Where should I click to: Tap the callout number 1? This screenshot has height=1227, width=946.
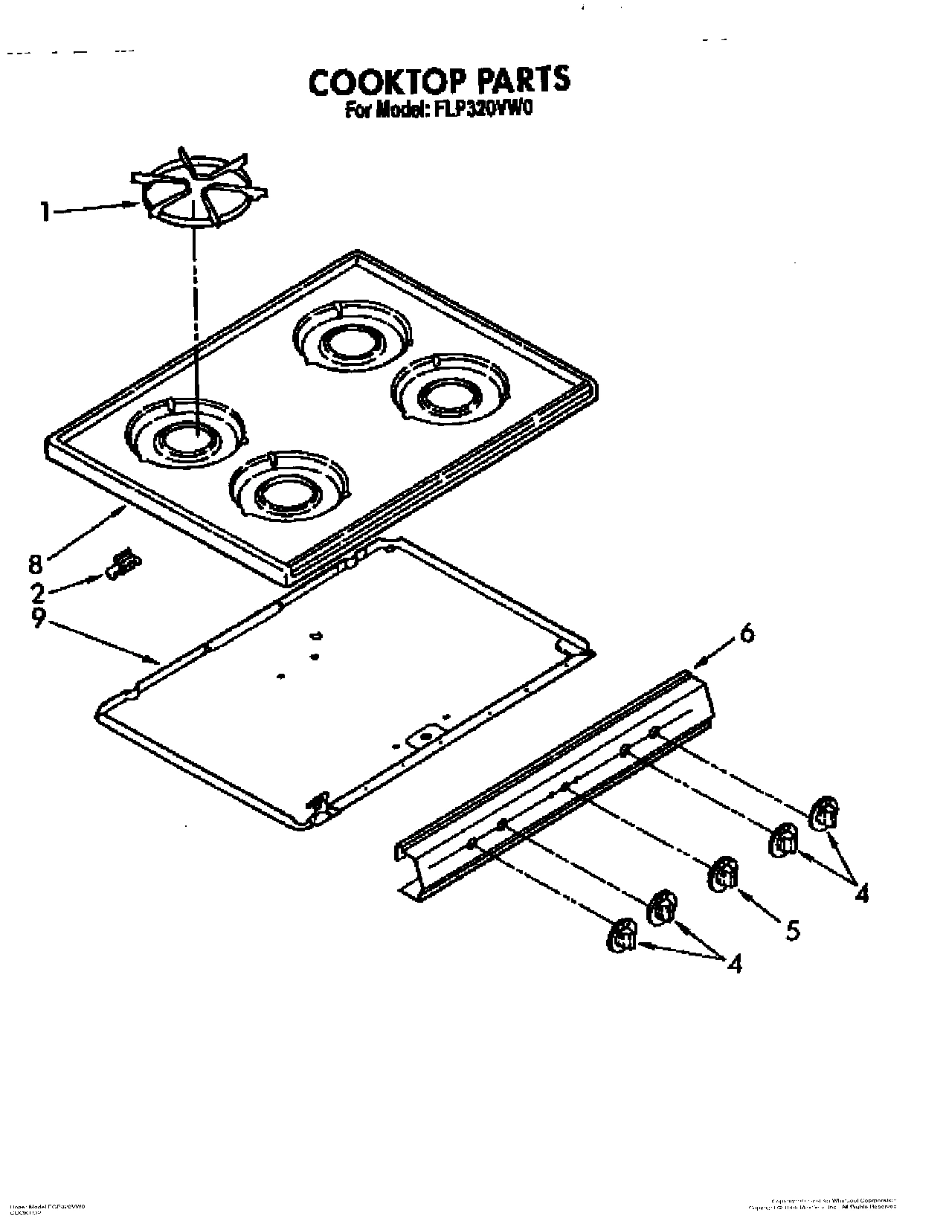pos(46,213)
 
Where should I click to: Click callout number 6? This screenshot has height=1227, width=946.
pos(746,634)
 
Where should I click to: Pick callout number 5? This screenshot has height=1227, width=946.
pos(794,929)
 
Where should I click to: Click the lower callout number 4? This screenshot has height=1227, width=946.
pos(735,964)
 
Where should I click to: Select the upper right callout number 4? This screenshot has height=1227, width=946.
pos(861,893)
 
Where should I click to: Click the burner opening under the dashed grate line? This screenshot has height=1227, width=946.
pos(186,439)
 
